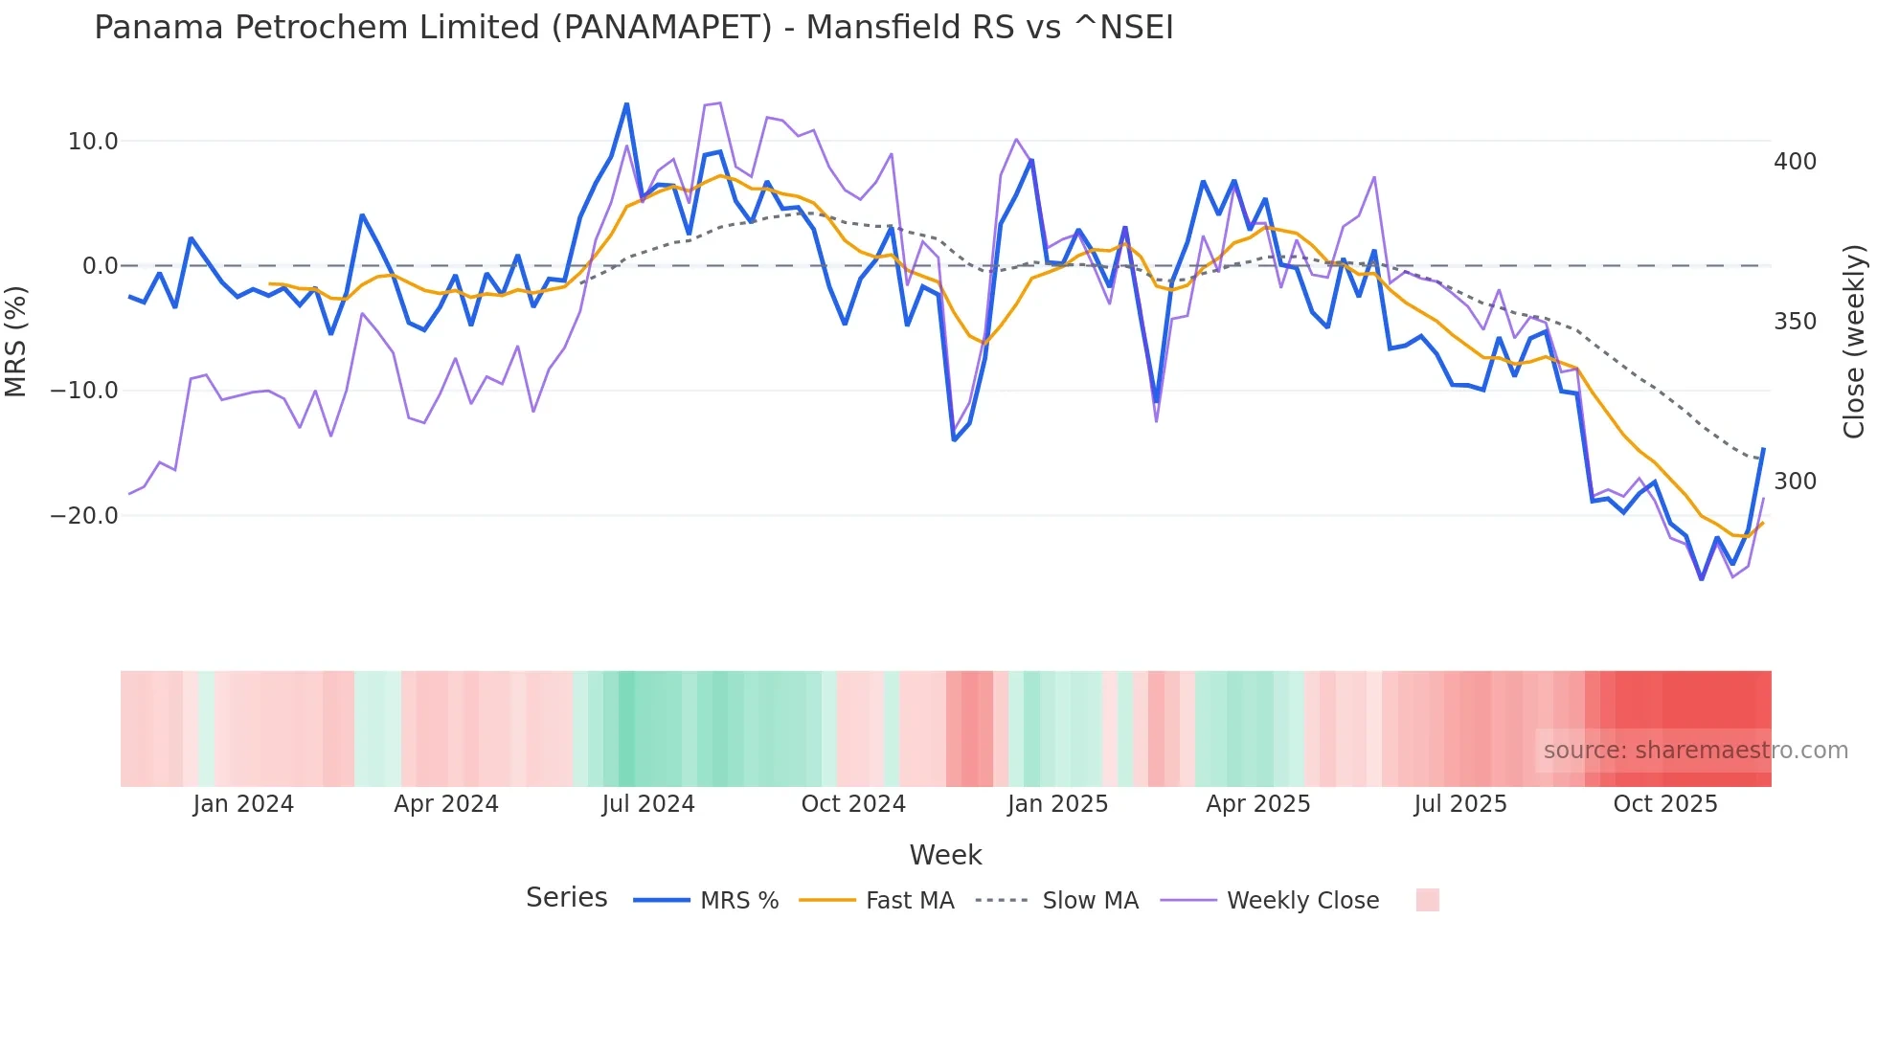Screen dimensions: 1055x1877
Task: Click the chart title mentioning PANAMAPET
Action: (x=633, y=28)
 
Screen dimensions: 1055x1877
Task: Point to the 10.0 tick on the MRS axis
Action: (x=93, y=142)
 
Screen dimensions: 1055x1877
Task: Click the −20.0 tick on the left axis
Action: (x=85, y=516)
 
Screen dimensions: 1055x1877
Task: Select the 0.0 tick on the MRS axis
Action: (x=100, y=266)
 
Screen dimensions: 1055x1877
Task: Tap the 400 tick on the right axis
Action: (x=1795, y=162)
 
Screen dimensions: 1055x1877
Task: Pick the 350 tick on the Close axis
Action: (x=1795, y=322)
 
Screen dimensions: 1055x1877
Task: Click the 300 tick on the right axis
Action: (x=1795, y=482)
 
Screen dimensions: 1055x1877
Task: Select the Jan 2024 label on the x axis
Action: (x=243, y=804)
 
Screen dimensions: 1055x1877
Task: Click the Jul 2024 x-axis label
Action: (x=648, y=804)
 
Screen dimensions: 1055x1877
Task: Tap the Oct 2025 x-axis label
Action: (x=1665, y=804)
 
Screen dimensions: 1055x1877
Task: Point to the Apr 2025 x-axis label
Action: (x=1258, y=804)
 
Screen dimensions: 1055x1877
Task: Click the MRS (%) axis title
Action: (x=16, y=341)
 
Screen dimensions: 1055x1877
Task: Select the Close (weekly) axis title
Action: (x=1854, y=341)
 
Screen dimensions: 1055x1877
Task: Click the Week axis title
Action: (x=945, y=855)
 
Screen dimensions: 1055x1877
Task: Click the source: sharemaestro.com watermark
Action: (x=1695, y=751)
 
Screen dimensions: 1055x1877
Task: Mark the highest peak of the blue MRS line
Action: (x=626, y=103)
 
